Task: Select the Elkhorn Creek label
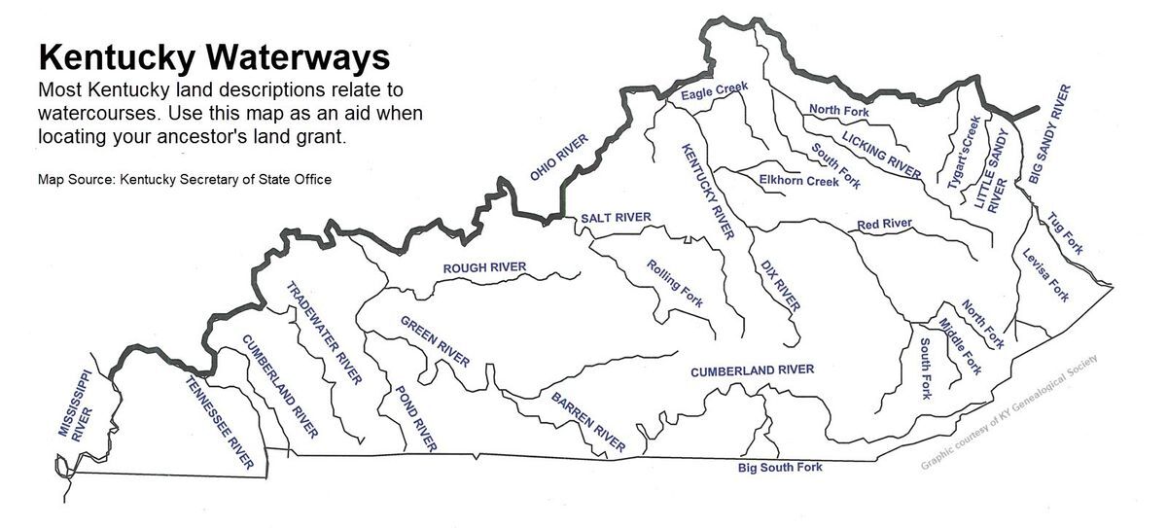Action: coord(798,181)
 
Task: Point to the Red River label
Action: coord(884,225)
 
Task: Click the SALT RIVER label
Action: coord(616,217)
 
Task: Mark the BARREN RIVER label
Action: coord(588,422)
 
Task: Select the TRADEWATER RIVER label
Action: coord(324,334)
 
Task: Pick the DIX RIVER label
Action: coord(780,285)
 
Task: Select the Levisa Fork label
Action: coord(1045,275)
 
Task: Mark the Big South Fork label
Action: coord(780,468)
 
